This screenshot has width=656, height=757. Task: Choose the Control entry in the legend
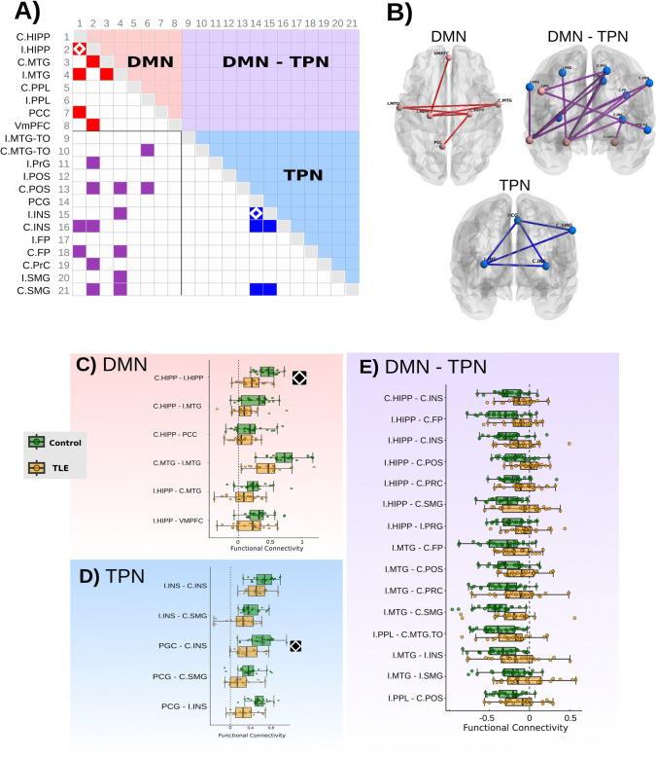pyautogui.click(x=62, y=442)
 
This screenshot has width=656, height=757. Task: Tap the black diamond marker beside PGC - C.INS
pyautogui.click(x=294, y=644)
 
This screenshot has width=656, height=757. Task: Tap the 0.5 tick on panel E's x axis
pyautogui.click(x=570, y=717)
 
